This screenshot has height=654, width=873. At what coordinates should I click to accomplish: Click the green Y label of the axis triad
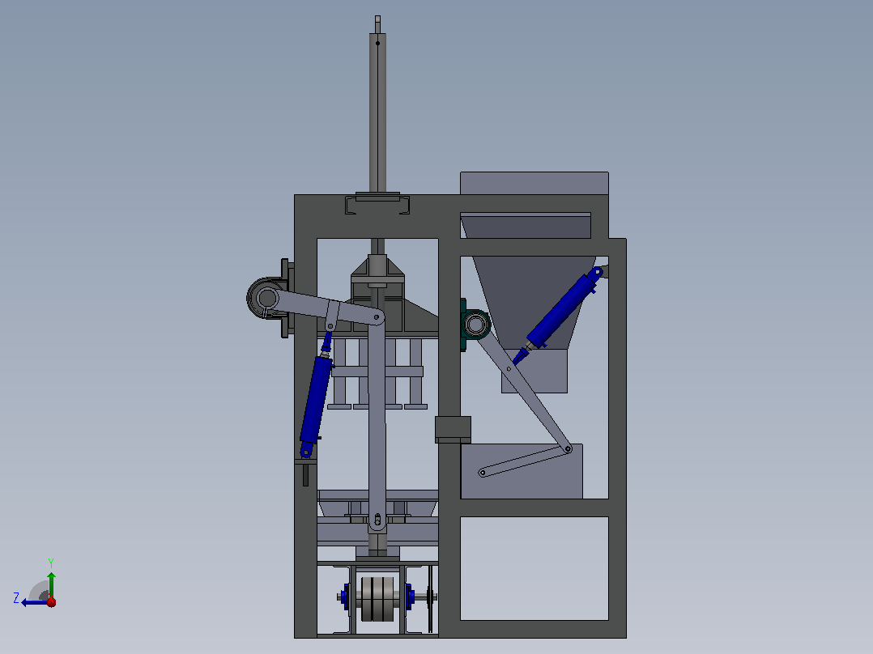(x=51, y=563)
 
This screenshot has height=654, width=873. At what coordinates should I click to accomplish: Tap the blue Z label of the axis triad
(x=16, y=598)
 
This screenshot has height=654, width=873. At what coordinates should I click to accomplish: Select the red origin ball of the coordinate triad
(x=51, y=601)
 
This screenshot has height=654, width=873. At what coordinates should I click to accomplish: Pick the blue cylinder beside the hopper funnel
(x=560, y=309)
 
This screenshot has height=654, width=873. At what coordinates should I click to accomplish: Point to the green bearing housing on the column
(x=474, y=325)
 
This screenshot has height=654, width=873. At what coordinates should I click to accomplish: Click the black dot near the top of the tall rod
(x=377, y=43)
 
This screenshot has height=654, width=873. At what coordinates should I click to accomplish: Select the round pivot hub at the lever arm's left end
(x=266, y=298)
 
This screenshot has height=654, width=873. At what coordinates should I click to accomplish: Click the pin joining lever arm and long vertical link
(x=377, y=318)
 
